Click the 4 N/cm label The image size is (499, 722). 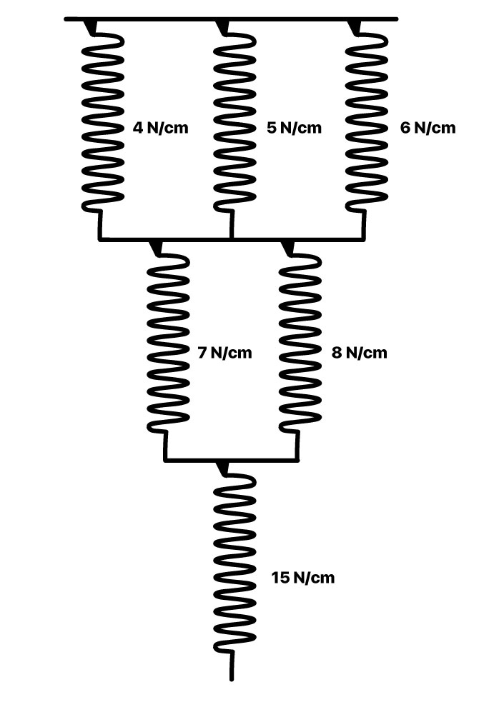[161, 129]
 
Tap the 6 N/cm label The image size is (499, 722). [428, 129]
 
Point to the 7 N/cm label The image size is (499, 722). [224, 352]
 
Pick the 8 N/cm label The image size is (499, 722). [360, 352]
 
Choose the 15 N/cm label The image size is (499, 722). [303, 577]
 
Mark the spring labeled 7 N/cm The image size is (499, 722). [168, 343]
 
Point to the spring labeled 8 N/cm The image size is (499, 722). [300, 343]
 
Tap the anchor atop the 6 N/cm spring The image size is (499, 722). [355, 26]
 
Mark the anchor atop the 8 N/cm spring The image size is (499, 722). [289, 248]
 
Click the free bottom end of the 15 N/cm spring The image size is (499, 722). [232, 675]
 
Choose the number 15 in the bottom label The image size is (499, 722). [280, 577]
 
